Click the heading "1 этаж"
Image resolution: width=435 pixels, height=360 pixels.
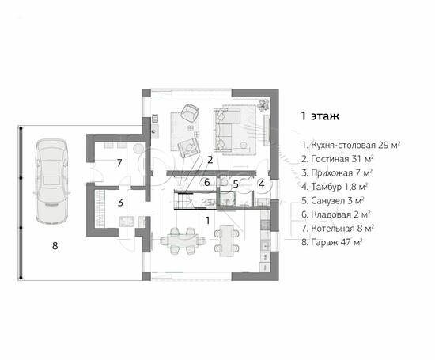[320, 116]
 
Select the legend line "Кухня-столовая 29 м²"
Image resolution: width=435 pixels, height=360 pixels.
[351, 145]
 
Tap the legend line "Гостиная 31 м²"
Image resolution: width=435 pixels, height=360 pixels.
[338, 159]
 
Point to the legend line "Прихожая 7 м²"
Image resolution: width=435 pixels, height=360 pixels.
[337, 172]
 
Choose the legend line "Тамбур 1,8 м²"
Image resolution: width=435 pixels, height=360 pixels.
[335, 187]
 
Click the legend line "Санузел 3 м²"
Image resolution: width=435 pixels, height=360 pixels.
[333, 200]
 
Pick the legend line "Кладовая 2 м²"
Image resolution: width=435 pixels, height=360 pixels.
[336, 214]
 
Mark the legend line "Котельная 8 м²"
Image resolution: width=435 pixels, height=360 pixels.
[338, 228]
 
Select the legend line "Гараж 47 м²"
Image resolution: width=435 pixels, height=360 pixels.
[332, 242]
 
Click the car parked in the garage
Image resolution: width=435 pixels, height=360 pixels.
[52, 181]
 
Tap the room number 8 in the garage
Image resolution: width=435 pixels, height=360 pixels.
[55, 245]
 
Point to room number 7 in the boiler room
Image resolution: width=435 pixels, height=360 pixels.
[119, 163]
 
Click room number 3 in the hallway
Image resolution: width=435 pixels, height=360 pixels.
[120, 203]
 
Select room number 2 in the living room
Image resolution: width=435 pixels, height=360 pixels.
[210, 160]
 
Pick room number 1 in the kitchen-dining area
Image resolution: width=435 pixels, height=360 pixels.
[207, 221]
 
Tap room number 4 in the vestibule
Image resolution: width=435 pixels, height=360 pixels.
[262, 184]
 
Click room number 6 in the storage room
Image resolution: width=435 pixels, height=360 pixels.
[207, 182]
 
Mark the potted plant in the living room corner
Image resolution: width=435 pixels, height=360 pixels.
[263, 105]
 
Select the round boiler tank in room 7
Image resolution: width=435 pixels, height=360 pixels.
[138, 149]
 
